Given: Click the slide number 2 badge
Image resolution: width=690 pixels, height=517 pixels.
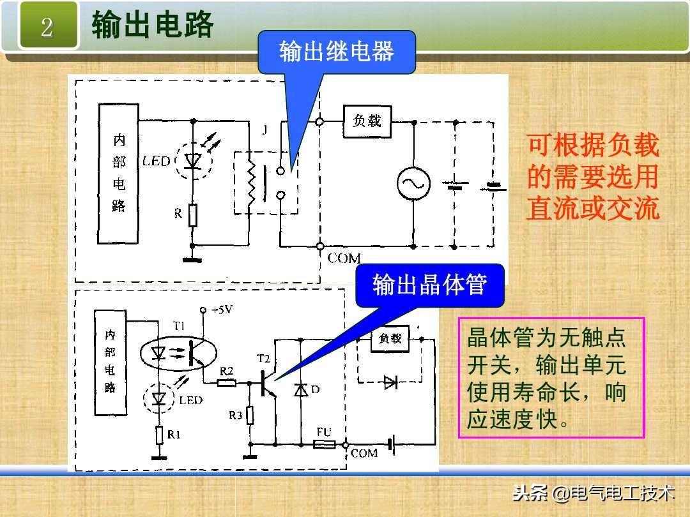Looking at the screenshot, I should coord(47,27).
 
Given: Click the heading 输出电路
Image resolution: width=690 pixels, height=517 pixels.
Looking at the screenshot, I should coord(152,26).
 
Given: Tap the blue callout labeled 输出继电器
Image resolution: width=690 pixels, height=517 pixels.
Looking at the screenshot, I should coord(336,52).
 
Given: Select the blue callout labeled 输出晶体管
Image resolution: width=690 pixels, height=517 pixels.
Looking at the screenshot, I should coord(429,285).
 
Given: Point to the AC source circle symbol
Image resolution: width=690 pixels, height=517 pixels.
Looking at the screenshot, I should coord(412,183).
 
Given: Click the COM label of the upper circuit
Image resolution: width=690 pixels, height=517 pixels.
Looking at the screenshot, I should coord(344,258).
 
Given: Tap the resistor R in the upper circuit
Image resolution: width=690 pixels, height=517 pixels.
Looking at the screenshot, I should coord(192,215).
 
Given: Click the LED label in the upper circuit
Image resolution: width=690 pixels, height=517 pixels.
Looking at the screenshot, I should coord(156,161).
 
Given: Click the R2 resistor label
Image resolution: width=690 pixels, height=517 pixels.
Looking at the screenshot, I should coord(226,371).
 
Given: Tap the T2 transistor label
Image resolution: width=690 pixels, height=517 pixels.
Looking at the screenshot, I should coord(263,357).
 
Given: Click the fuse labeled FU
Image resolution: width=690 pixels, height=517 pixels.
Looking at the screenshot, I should coord(324,444).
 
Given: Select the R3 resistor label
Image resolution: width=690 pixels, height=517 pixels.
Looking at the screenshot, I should coord(235,416).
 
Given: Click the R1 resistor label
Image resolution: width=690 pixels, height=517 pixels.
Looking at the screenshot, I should coord(174,434).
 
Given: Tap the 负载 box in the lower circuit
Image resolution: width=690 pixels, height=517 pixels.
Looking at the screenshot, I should coord(390,338).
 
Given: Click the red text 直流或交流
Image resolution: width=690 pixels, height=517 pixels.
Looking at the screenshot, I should coord(592,209).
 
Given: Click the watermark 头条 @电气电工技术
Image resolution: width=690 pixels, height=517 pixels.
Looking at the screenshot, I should coord(594,493).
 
